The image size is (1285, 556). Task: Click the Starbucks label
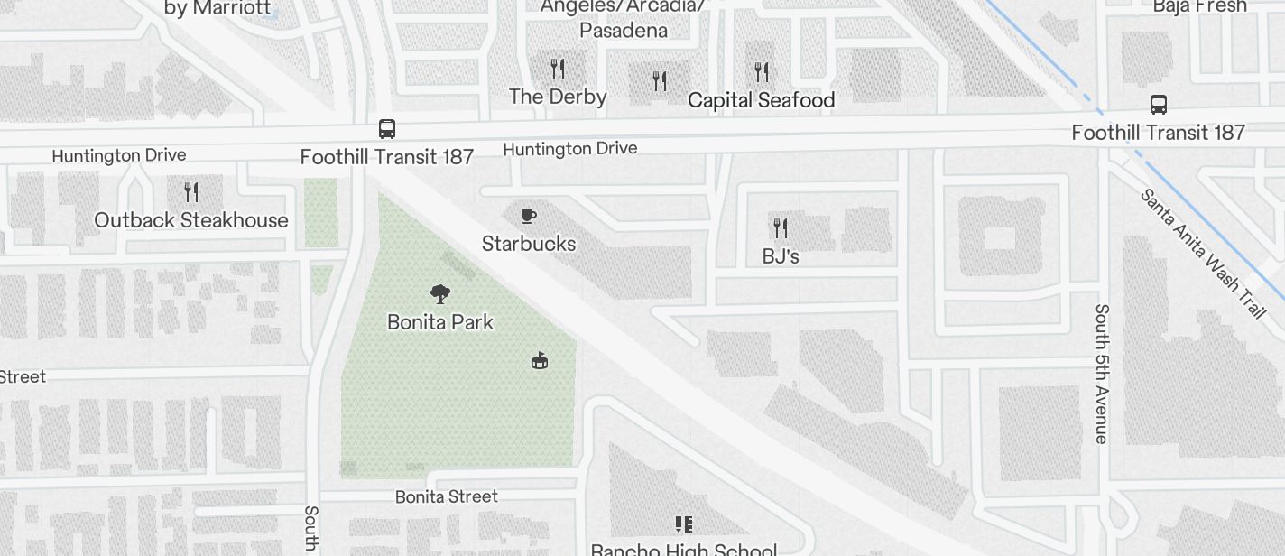click(x=529, y=244)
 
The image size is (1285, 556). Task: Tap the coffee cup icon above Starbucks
click(x=529, y=216)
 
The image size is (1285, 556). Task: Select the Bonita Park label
click(x=440, y=321)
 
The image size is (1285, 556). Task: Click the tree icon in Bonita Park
click(x=440, y=293)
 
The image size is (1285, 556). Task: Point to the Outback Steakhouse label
click(x=191, y=220)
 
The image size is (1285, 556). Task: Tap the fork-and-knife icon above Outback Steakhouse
click(x=191, y=191)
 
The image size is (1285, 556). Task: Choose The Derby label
click(x=558, y=97)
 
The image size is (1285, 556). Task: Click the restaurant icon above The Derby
click(x=558, y=68)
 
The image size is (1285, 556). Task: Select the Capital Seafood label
click(x=762, y=100)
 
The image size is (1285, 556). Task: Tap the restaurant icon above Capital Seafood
click(x=762, y=71)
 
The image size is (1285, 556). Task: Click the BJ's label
click(x=781, y=256)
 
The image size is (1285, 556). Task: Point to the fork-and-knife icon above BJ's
click(x=781, y=227)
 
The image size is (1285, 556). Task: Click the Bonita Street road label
click(x=447, y=496)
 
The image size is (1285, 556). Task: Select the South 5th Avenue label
click(x=1101, y=374)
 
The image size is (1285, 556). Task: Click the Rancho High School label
click(x=684, y=549)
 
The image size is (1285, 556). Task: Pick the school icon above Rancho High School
click(x=684, y=524)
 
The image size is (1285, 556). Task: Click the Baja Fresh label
click(x=1199, y=6)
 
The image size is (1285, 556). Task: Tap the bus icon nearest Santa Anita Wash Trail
click(x=1159, y=104)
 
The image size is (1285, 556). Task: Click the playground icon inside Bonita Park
click(x=540, y=361)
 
